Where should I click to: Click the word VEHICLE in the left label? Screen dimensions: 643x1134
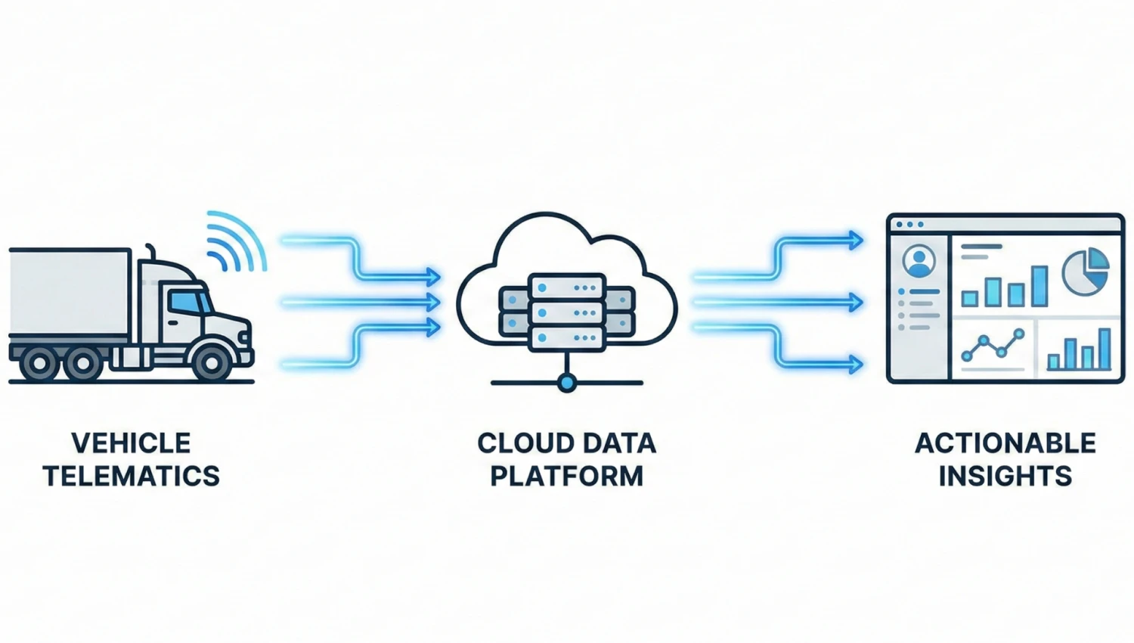click(x=131, y=443)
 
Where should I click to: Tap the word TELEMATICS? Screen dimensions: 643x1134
click(x=131, y=476)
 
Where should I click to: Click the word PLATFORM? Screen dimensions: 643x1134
click(x=566, y=476)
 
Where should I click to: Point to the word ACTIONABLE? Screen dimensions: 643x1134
click(x=1005, y=443)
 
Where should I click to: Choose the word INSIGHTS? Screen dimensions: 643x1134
click(x=1005, y=476)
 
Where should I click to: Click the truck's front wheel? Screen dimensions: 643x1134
click(x=212, y=363)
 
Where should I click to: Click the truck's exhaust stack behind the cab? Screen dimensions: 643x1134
click(x=150, y=253)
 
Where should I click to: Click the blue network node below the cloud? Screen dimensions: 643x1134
click(x=566, y=383)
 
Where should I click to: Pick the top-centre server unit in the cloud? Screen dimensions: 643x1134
click(x=567, y=287)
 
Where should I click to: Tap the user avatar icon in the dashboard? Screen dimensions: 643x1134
click(x=919, y=262)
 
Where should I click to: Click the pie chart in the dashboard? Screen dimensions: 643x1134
click(x=1086, y=272)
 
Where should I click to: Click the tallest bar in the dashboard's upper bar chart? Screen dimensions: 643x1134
click(x=1039, y=286)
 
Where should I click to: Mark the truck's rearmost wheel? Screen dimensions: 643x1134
click(x=38, y=364)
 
